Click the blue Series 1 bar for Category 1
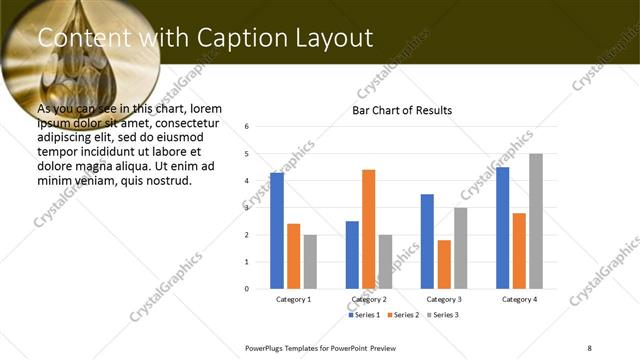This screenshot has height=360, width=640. (x=277, y=231)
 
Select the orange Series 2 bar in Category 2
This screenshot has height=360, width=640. (x=368, y=229)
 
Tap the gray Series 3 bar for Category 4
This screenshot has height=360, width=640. (x=536, y=221)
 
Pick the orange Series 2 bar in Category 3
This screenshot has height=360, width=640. (x=444, y=264)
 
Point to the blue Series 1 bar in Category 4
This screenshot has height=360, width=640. (x=503, y=228)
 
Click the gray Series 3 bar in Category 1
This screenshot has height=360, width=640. (x=310, y=262)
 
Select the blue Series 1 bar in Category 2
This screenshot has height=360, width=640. (x=352, y=255)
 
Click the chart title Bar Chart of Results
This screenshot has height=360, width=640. (x=402, y=110)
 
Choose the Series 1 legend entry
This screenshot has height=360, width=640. (x=364, y=315)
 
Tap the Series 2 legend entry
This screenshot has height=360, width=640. (x=402, y=315)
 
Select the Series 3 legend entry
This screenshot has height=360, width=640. (x=441, y=315)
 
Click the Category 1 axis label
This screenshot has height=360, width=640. (x=293, y=299)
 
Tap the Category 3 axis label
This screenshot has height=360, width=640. (x=444, y=299)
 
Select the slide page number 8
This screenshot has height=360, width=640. (x=589, y=347)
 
